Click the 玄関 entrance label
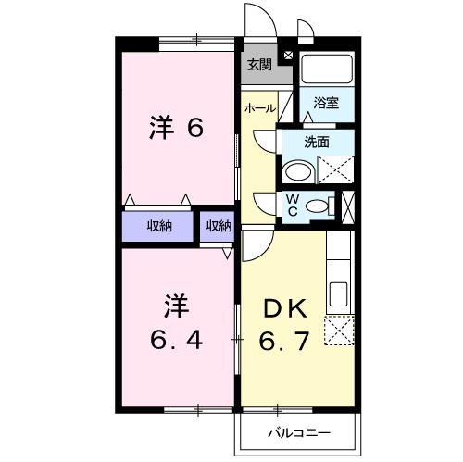259,65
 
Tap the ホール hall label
259,108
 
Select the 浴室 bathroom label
325,104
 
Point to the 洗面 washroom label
319,142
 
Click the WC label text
291,205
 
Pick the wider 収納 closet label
160,226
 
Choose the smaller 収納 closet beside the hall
219,226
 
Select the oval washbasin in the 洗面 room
297,172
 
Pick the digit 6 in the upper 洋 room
194,130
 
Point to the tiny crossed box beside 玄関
288,55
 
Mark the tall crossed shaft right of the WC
347,206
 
